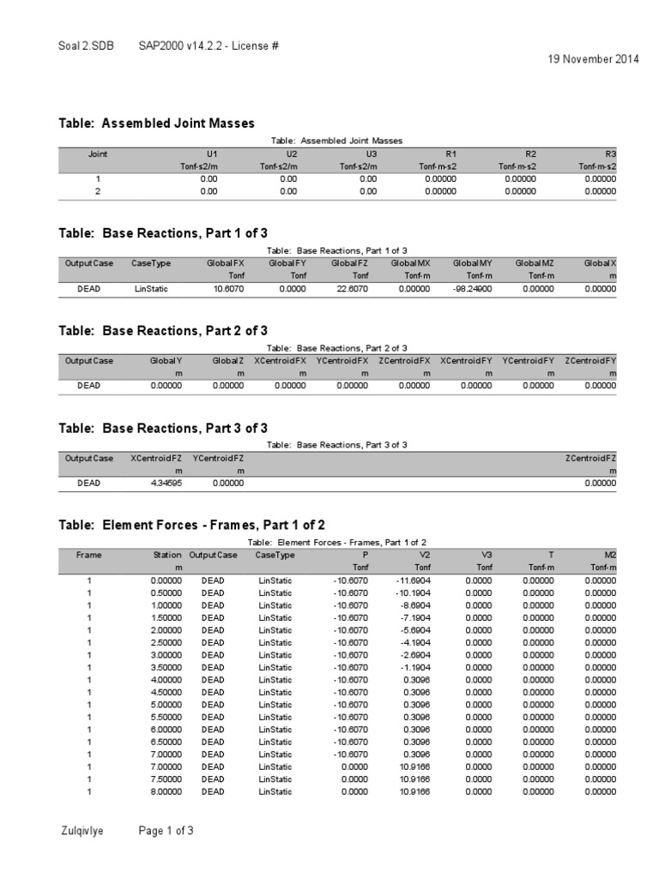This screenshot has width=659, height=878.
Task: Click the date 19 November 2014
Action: [x=593, y=59]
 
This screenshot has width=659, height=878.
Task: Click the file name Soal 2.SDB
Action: [x=85, y=44]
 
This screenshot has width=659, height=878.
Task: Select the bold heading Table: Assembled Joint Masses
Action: [x=156, y=123]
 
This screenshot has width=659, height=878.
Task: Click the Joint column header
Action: [x=98, y=153]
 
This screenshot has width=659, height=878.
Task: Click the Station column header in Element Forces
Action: [x=167, y=555]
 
